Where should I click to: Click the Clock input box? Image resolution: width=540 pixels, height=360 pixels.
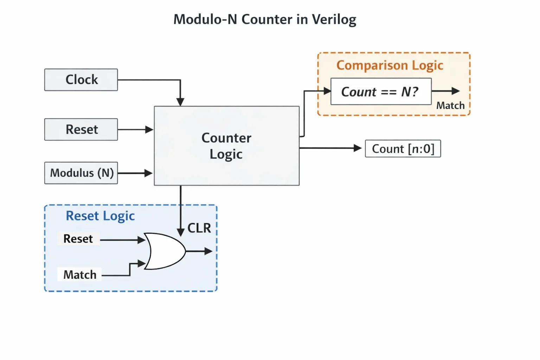[x=81, y=80]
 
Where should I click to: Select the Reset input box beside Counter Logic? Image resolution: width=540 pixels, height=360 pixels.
[x=81, y=129]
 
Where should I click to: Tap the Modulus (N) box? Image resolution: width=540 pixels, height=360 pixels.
[x=81, y=173]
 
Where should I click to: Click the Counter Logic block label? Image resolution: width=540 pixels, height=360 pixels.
[x=226, y=146]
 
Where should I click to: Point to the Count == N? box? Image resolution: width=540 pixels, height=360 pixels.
[x=381, y=91]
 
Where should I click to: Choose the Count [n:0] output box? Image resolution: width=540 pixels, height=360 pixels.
[x=403, y=148]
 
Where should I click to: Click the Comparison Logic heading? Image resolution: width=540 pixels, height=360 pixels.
[x=390, y=65]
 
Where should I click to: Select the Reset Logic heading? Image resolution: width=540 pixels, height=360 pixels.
[x=100, y=216]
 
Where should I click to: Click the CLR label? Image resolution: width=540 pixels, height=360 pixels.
[x=199, y=228]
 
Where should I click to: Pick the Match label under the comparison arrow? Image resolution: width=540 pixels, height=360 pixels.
[x=450, y=105]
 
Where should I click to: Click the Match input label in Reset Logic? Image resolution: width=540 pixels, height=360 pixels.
[x=80, y=275]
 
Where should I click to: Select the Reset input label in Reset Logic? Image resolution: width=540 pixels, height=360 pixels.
[x=78, y=239]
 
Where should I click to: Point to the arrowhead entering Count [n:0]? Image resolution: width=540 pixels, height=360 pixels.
[x=358, y=148]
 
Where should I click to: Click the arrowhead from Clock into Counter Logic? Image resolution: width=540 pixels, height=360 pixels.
[x=180, y=102]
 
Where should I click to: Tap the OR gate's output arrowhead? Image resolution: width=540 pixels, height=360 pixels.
[x=208, y=251]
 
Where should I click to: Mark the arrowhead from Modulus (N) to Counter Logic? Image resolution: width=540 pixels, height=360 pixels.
[x=148, y=173]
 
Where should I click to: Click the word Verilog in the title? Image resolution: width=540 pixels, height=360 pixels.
[x=334, y=20]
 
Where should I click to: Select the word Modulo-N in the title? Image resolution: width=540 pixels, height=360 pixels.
[x=205, y=19]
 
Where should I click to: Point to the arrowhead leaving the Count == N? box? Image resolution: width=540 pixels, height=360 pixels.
[x=456, y=91]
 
